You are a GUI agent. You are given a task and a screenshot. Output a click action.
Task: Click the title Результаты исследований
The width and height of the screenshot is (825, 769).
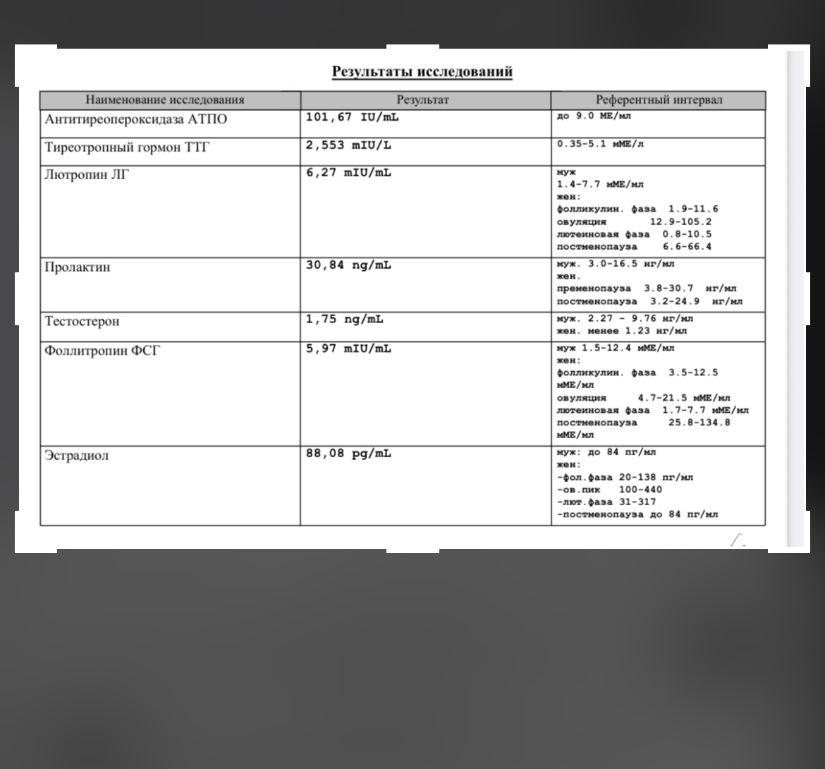[422, 71]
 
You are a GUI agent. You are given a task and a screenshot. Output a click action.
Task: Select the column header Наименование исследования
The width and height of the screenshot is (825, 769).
[165, 100]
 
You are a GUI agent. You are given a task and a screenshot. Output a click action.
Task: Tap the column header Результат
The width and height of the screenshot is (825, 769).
[422, 100]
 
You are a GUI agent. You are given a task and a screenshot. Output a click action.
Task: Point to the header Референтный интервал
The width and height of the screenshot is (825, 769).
[659, 100]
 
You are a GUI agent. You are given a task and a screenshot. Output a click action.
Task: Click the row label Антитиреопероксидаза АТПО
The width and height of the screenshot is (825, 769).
[136, 119]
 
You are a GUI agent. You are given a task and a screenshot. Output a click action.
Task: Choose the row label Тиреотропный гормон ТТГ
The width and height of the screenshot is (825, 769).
[127, 147]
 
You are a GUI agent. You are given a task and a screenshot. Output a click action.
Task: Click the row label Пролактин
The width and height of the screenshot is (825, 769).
[78, 267]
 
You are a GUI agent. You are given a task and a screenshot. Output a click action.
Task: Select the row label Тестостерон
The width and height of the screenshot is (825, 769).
[82, 321]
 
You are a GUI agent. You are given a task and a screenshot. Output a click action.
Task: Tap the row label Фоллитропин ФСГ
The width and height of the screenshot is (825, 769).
[102, 350]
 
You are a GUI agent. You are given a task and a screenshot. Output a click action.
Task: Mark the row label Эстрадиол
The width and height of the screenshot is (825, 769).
[77, 455]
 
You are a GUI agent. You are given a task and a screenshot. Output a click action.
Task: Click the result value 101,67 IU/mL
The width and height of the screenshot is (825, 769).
[352, 117]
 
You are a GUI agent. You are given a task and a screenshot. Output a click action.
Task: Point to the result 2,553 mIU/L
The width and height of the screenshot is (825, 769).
[348, 145]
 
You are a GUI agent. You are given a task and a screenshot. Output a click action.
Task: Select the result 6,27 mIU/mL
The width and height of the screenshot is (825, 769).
[348, 174]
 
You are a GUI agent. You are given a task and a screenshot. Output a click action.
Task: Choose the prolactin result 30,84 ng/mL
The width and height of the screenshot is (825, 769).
[348, 265]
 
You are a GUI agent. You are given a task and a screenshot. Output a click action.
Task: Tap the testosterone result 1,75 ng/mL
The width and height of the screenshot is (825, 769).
[345, 320]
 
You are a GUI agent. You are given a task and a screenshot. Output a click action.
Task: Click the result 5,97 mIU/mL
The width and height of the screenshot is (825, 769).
[348, 349]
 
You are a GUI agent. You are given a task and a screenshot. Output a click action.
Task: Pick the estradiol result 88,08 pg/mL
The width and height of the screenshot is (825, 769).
[348, 454]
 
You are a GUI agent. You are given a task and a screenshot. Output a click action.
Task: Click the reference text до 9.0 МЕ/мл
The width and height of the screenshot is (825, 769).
[594, 116]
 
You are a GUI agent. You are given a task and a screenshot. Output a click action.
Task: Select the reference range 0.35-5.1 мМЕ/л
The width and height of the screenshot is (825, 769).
[600, 144]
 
